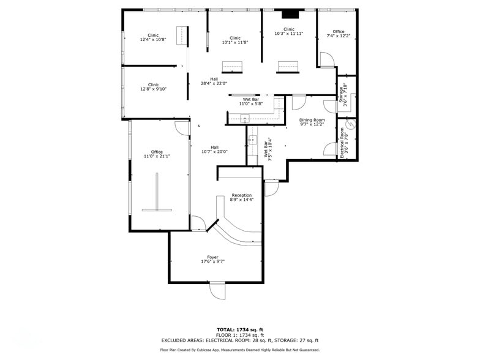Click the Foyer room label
pyautogui.click(x=213, y=257)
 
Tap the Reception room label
pyautogui.click(x=241, y=195)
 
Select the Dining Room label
pyautogui.click(x=312, y=120)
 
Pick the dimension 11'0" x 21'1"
pyautogui.click(x=157, y=156)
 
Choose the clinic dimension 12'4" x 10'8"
pyautogui.click(x=153, y=40)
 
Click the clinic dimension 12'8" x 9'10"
pyautogui.click(x=153, y=89)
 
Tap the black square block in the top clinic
pyautogui.click(x=290, y=15)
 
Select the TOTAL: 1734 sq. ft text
pyautogui.click(x=239, y=329)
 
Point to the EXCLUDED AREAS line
pyautogui.click(x=239, y=340)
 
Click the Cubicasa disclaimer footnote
pyautogui.click(x=239, y=350)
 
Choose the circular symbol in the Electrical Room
pyautogui.click(x=350, y=130)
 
